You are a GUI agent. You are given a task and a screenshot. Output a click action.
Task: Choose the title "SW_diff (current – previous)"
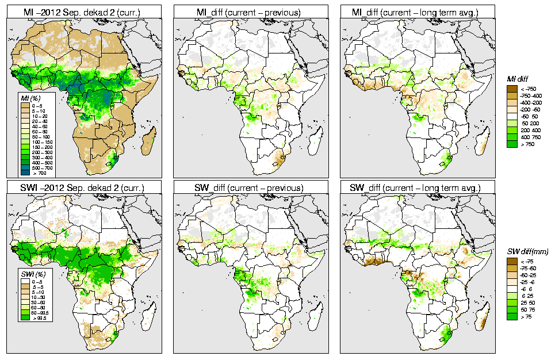[x=251, y=188]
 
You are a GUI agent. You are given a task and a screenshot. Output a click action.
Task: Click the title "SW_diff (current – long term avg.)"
[x=418, y=188]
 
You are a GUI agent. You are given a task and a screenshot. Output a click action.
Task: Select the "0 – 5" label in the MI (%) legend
[x=38, y=105]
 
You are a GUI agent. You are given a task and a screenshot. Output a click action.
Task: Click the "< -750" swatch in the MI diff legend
[x=512, y=88]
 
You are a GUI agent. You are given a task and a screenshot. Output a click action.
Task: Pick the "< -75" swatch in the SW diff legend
[x=512, y=261]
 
